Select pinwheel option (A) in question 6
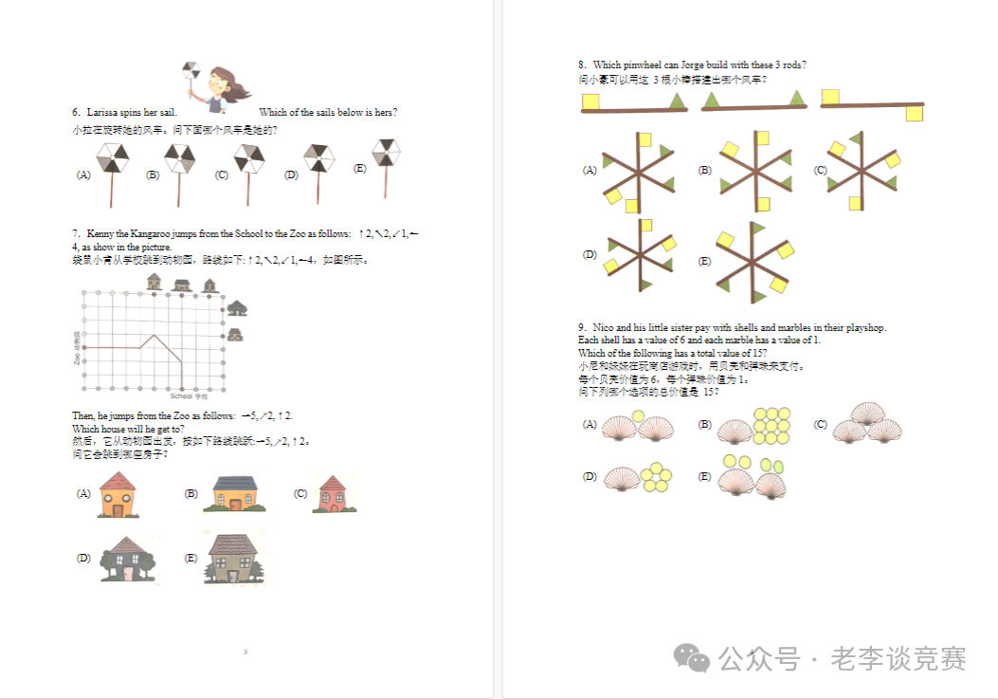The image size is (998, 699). click(112, 160)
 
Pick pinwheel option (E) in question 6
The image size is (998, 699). click(385, 155)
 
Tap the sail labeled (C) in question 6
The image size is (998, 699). click(248, 160)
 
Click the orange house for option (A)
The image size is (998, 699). click(118, 494)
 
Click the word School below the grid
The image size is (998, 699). click(180, 395)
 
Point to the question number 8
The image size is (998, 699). click(581, 65)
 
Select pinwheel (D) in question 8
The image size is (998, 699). click(641, 254)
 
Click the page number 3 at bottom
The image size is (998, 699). click(245, 652)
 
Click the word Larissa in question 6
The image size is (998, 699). click(101, 113)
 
